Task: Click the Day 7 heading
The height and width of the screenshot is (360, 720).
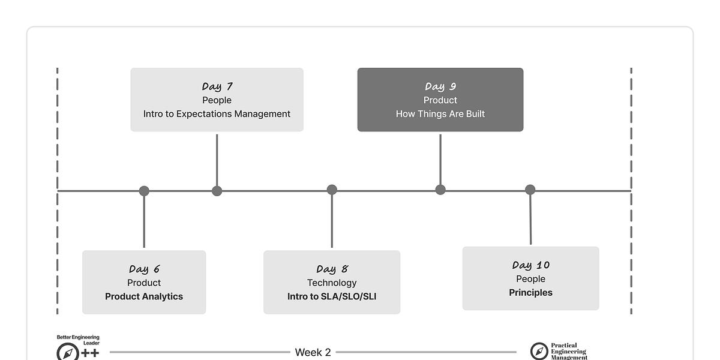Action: pos(217,86)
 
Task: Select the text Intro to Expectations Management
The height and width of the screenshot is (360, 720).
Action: pos(217,114)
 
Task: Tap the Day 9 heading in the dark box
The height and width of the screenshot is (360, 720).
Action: pos(440,86)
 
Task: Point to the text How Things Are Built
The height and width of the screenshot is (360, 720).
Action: pos(440,114)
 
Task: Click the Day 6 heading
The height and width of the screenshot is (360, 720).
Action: pos(144,269)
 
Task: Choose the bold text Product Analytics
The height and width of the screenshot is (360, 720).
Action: pos(144,296)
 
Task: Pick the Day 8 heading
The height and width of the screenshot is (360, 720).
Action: pos(332,269)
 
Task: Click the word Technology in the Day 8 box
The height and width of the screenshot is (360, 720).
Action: pos(332,283)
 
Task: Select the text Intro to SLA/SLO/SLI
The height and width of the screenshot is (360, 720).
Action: pos(332,296)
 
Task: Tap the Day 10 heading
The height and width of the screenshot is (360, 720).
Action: pos(530,265)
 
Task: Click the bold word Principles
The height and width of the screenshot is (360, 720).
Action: pos(530,293)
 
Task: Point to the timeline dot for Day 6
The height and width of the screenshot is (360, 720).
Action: pos(144,191)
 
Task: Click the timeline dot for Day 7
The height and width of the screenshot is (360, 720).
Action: pos(217,191)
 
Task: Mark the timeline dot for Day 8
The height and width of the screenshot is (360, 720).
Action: pos(332,190)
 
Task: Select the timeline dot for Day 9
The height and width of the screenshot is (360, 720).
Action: pos(440,190)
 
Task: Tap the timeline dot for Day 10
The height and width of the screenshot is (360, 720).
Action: pos(530,190)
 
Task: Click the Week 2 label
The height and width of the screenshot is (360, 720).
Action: pos(313,352)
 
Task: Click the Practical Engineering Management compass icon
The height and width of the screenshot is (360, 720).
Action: pos(539,352)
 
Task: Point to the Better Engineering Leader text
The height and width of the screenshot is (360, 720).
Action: pos(78,340)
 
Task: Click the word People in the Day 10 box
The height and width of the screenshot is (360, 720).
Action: pos(530,279)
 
